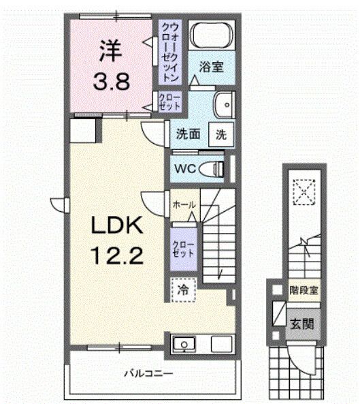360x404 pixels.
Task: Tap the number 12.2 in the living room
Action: coord(114,258)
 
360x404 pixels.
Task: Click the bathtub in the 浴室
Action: coord(211,36)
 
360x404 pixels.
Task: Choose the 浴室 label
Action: coord(212,67)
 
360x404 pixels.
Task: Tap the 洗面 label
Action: coord(187,134)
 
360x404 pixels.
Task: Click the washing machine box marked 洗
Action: coord(221,134)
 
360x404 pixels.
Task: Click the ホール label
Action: coord(184,204)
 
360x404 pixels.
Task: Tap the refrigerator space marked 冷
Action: coord(183,289)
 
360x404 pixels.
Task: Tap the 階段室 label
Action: coord(304,290)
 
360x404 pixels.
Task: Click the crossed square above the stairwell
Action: coord(304,191)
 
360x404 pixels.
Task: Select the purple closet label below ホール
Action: coord(180,249)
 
